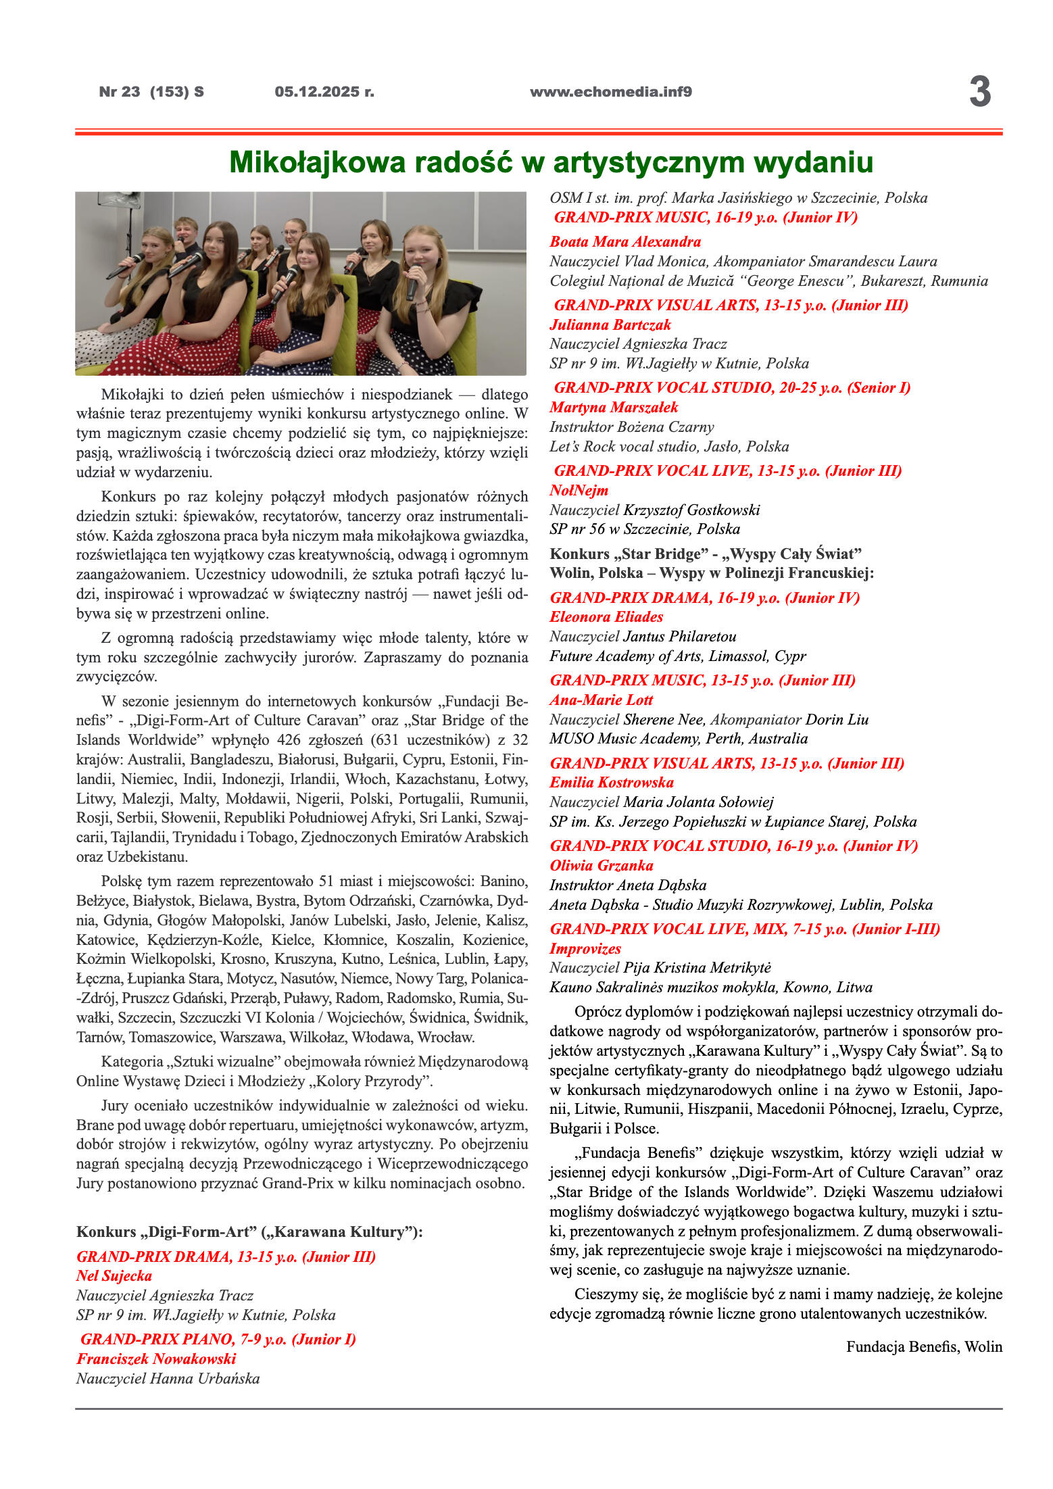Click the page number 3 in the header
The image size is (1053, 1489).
(979, 92)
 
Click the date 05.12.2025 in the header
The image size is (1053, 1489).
(324, 92)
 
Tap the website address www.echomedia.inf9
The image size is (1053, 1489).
(610, 92)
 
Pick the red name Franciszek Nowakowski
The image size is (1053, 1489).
(155, 1359)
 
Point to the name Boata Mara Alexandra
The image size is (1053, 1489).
(625, 241)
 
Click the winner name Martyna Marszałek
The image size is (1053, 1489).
(613, 407)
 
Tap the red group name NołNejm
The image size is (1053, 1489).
(579, 490)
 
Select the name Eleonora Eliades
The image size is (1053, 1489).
(606, 616)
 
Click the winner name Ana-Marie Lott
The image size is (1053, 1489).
(601, 700)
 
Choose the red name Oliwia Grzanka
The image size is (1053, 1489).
(601, 865)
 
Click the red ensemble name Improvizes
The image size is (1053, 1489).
(585, 948)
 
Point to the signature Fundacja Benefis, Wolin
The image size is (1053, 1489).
(923, 1346)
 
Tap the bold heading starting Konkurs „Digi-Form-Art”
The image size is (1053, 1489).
(249, 1231)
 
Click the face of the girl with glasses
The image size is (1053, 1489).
(293, 233)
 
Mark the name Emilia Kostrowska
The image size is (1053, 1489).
(611, 782)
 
